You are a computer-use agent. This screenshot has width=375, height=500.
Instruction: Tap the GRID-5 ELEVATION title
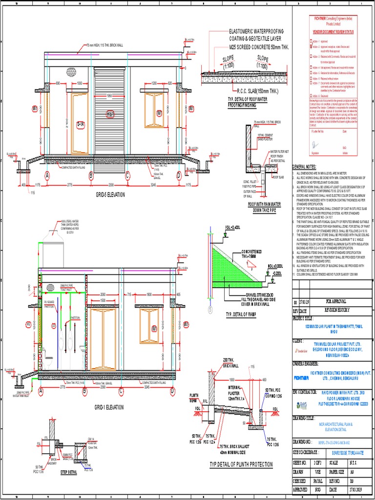click(110, 194)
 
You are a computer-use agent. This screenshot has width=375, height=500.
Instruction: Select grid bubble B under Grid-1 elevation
click(84, 391)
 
